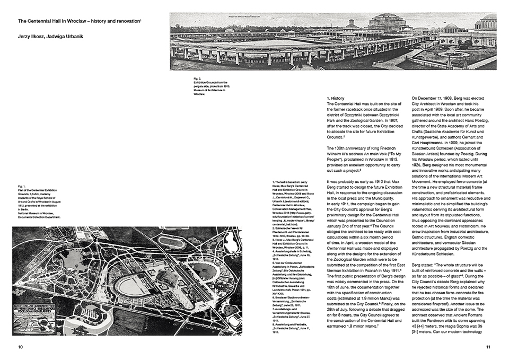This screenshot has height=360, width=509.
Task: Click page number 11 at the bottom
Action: click(488, 347)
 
